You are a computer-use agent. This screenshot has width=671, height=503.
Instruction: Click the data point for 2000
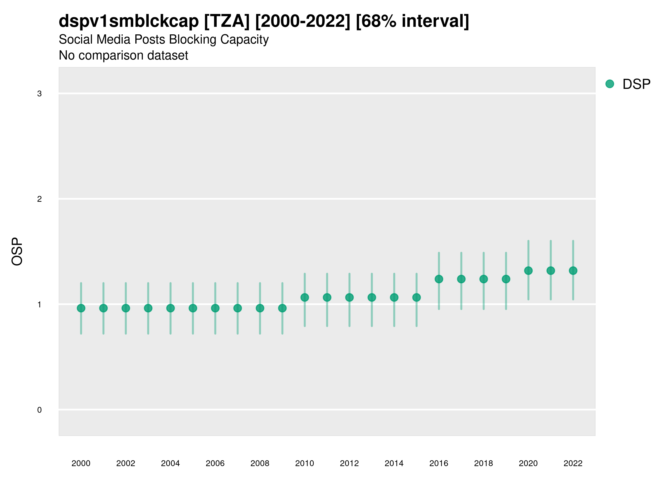tap(81, 308)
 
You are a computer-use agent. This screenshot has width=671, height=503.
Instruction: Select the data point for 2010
tap(304, 297)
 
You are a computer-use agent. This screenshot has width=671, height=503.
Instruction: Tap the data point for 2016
tap(439, 279)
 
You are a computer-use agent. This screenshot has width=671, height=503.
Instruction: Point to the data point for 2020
tap(528, 271)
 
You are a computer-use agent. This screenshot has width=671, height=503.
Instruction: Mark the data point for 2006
tap(215, 308)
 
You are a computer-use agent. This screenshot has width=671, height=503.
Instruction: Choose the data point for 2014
tap(394, 297)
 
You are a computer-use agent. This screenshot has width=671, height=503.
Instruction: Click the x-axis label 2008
tap(260, 463)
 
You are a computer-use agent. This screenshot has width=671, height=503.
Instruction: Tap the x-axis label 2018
tap(483, 463)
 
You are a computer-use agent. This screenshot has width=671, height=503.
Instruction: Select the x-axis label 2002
tap(126, 463)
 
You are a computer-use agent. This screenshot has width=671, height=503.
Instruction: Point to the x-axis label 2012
tap(349, 463)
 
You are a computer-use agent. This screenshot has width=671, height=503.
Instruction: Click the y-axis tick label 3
tap(39, 94)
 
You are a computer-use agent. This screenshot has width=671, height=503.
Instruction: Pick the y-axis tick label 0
tap(39, 410)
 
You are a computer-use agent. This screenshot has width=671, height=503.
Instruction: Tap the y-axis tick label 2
tap(39, 199)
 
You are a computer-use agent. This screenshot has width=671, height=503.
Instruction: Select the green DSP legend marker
tap(610, 84)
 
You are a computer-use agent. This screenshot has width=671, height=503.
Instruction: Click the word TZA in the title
tap(227, 21)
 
